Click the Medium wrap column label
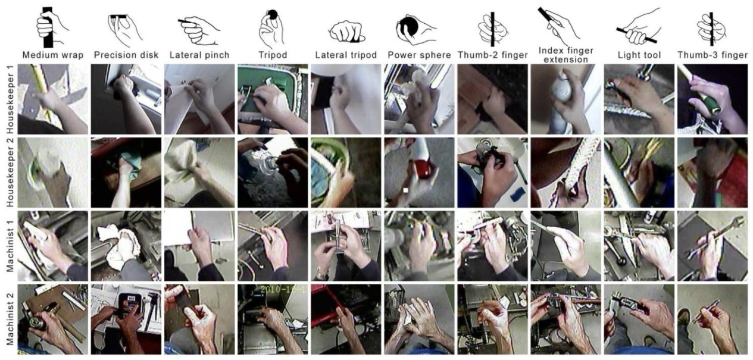click(x=53, y=55)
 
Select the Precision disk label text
click(x=126, y=55)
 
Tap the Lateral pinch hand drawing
click(x=199, y=30)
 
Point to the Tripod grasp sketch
click(x=271, y=28)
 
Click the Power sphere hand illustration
click(x=415, y=30)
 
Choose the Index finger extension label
click(x=565, y=55)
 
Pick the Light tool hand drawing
click(x=636, y=27)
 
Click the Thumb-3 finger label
click(x=713, y=55)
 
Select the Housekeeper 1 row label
click(x=11, y=99)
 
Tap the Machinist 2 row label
click(x=11, y=320)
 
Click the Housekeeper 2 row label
click(x=11, y=173)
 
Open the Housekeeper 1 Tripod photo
click(x=273, y=99)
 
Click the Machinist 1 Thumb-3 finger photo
click(x=713, y=246)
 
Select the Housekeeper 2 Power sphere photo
click(x=419, y=173)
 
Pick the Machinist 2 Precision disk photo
click(x=126, y=320)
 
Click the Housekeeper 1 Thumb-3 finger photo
click(x=713, y=99)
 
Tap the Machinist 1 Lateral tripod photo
click(x=346, y=246)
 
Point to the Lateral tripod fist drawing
click(x=346, y=32)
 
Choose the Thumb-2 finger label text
click(x=492, y=55)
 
